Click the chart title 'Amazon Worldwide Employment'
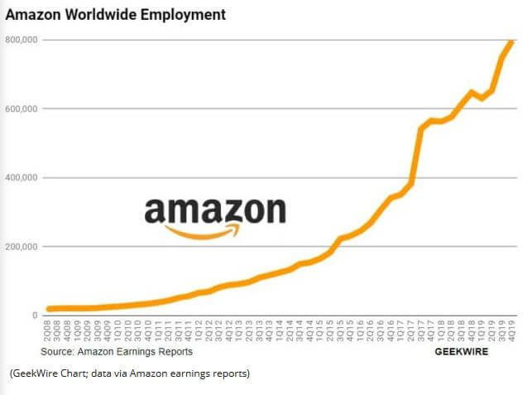tap(116, 15)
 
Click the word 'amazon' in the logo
tap(215, 210)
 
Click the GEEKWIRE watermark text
tap(461, 352)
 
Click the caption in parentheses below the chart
tap(129, 373)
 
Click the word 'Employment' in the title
tap(183, 15)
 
